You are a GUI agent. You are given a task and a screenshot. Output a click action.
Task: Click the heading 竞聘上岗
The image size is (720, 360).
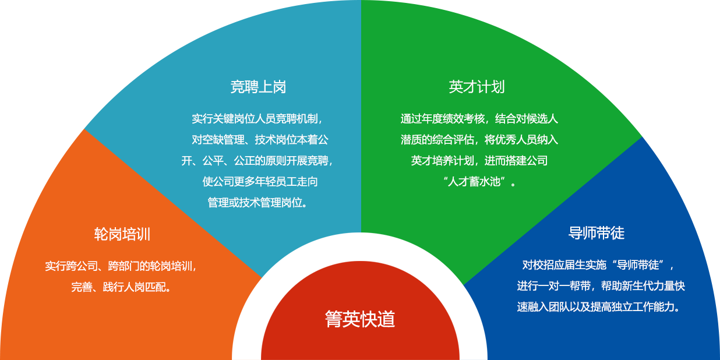pyautogui.click(x=258, y=87)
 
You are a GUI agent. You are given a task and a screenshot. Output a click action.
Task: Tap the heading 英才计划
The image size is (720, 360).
pyautogui.click(x=477, y=87)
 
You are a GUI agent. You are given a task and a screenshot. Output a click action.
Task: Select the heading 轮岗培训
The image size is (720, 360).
pyautogui.click(x=122, y=234)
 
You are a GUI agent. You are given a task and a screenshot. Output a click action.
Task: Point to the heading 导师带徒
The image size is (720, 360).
pyautogui.click(x=596, y=233)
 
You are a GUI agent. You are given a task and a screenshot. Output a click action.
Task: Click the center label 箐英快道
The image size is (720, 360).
pyautogui.click(x=360, y=319)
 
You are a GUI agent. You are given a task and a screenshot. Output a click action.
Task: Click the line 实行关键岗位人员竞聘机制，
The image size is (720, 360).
pyautogui.click(x=257, y=119)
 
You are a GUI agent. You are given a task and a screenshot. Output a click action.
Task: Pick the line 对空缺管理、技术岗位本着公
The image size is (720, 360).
pyautogui.click(x=260, y=140)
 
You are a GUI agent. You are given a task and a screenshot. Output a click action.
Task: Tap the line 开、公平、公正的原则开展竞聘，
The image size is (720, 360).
pyautogui.click(x=257, y=161)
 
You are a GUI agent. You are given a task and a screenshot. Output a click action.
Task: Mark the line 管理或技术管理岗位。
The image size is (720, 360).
pyautogui.click(x=257, y=203)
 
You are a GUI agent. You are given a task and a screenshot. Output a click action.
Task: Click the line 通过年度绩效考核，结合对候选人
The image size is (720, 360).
pyautogui.click(x=479, y=119)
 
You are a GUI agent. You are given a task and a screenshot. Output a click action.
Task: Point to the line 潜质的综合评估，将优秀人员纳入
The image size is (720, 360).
pyautogui.click(x=479, y=140)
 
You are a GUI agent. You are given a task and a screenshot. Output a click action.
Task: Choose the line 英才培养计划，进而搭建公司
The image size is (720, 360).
pyautogui.click(x=479, y=161)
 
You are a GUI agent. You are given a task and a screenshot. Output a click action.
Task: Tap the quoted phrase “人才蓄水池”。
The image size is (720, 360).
pyautogui.click(x=479, y=182)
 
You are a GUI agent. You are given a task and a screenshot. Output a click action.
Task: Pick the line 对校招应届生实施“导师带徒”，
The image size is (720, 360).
pyautogui.click(x=598, y=265)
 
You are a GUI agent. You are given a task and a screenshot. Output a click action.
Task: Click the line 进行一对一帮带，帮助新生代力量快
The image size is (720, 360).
pyautogui.click(x=601, y=286)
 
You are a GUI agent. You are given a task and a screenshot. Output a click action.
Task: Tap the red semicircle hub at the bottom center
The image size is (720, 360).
pyautogui.click(x=360, y=344)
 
